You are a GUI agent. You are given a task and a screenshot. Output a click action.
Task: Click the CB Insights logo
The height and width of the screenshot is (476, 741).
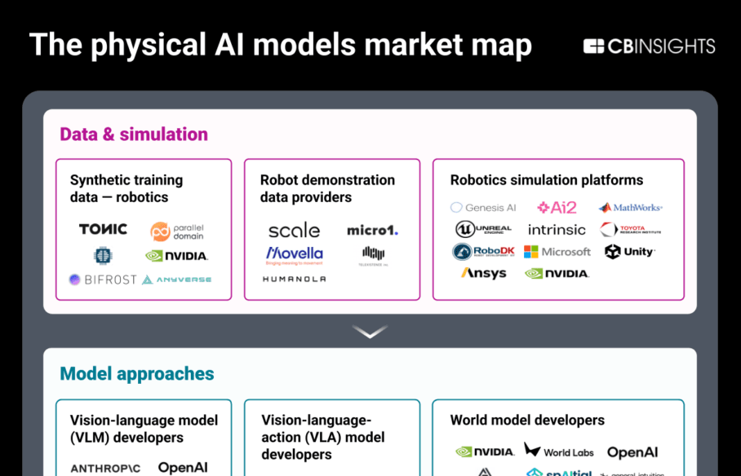pos(649,46)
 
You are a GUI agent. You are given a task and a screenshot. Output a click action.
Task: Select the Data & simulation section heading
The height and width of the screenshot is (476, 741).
pos(134,134)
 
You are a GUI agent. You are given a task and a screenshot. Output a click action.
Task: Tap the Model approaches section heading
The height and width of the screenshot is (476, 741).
pos(137,374)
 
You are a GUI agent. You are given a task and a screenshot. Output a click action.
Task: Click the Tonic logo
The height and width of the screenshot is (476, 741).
pos(103,229)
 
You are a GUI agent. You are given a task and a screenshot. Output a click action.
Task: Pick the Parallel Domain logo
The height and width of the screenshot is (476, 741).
pos(177,231)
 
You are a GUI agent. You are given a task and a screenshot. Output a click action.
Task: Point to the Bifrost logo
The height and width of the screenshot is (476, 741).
pos(102,280)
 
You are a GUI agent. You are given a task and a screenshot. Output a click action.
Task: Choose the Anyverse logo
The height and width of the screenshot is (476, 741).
pos(176,280)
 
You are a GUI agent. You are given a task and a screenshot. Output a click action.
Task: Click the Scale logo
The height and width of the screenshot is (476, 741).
pos(294,231)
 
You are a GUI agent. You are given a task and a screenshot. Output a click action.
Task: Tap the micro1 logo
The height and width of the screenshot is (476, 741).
pos(372,231)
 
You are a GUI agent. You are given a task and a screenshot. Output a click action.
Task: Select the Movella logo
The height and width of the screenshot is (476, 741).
pos(294,255)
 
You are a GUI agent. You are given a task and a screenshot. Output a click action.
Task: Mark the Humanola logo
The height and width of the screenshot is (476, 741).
pos(294,279)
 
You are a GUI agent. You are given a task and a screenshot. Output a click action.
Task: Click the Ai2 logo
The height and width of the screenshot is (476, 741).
pos(557,208)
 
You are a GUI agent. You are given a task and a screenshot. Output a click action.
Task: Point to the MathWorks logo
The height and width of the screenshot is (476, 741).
pos(630,208)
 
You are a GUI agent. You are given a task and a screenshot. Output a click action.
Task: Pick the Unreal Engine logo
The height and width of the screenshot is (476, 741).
pos(484,230)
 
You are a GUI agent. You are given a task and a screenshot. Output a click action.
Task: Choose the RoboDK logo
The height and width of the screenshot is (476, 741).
pos(484,252)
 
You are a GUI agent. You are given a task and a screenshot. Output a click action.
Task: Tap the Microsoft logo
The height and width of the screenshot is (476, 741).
pos(557,252)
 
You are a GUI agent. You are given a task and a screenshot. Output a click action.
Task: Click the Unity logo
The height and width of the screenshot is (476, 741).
pos(629,252)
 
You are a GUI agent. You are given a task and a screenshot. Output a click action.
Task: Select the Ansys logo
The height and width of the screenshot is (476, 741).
pos(484,274)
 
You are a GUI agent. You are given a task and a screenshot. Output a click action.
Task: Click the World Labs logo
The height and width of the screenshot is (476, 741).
pos(559,451)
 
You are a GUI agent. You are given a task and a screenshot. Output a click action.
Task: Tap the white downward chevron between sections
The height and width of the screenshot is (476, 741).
pos(370,331)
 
